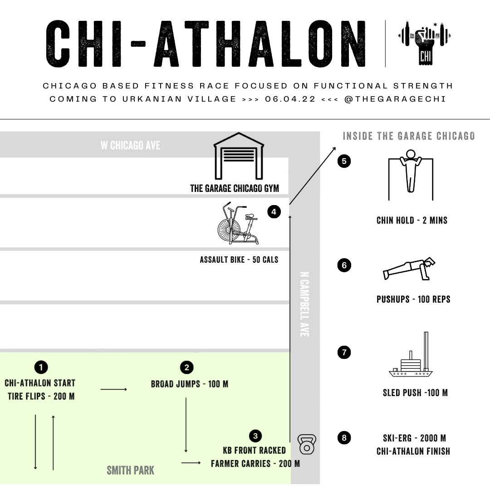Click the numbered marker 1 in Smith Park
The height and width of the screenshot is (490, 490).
[x=41, y=367]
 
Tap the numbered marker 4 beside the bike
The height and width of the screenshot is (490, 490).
[x=274, y=212]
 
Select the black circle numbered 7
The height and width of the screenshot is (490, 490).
[x=344, y=353]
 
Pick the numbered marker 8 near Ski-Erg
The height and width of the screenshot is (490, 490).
[x=344, y=438]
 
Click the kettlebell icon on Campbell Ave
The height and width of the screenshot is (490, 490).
[x=307, y=444]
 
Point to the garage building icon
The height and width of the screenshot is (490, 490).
[x=239, y=156]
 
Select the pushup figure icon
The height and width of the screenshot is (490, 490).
[x=409, y=269]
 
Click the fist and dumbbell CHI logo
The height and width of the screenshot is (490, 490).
[x=425, y=43]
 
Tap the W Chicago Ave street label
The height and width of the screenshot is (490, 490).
[x=130, y=145]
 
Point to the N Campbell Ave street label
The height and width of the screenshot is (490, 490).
[x=304, y=304]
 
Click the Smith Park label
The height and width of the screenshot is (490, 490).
[x=131, y=470]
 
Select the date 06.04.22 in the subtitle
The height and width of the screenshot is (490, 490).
[x=290, y=99]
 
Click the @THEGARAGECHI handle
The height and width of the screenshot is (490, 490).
[x=395, y=99]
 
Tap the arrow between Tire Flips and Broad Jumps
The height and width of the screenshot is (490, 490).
[x=114, y=389]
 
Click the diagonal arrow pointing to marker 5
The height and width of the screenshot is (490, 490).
[x=313, y=176]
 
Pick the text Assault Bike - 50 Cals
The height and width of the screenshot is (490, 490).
[x=239, y=260]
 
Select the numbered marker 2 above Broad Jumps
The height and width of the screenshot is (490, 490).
[x=186, y=367]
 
